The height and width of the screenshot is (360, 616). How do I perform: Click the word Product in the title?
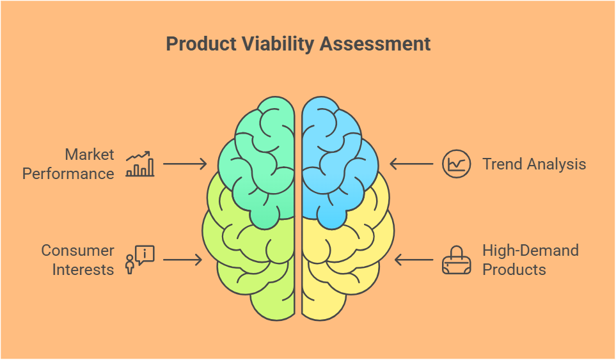201,43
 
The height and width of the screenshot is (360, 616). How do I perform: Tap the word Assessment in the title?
375,43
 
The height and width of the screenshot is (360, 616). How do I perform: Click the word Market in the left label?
90,154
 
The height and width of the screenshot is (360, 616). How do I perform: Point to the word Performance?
68,173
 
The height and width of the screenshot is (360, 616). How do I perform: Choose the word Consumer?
78,251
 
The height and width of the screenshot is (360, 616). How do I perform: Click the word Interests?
83,270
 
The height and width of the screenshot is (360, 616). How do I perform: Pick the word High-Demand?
530,251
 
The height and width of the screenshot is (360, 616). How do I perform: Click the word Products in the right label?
514,270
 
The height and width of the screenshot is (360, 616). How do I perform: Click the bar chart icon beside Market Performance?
140,164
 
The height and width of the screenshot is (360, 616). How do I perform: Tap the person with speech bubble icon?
140,260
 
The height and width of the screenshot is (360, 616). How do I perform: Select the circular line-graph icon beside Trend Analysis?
456,164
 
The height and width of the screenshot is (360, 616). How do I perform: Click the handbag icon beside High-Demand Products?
456,260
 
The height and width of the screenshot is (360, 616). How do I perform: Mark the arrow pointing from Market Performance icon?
185,164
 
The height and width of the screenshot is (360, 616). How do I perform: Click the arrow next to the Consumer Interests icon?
182,260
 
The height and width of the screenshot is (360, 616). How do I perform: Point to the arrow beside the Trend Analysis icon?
411,164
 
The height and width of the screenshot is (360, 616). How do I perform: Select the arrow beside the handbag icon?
414,260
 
